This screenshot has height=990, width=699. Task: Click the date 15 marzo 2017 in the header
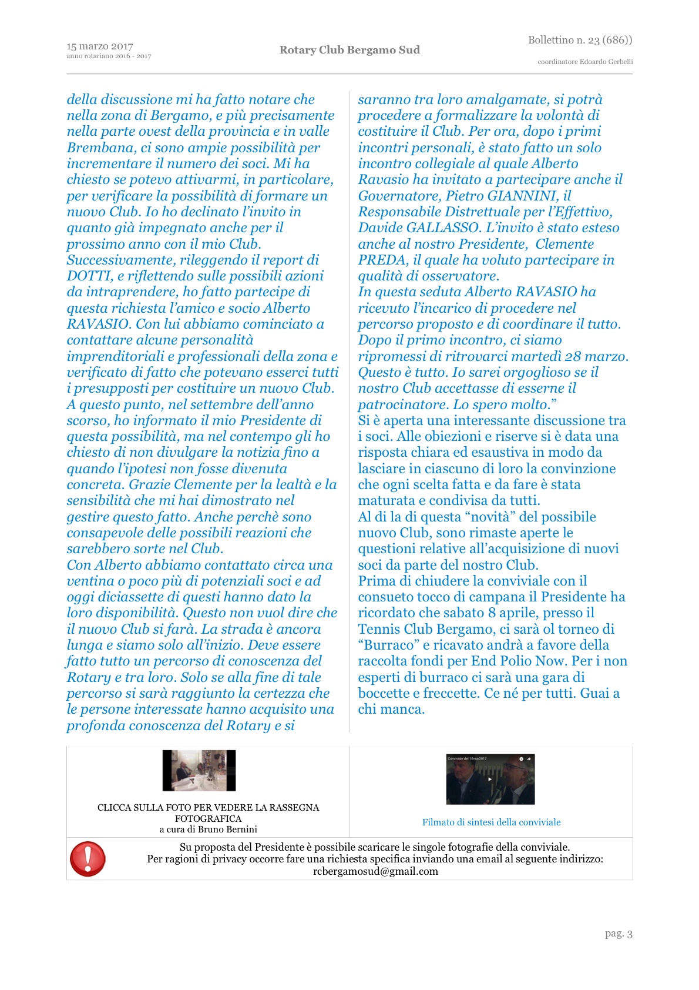pyautogui.click(x=100, y=46)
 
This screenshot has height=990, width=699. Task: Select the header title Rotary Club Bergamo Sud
pyautogui.click(x=349, y=50)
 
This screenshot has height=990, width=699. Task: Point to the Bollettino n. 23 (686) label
pyautogui.click(x=580, y=40)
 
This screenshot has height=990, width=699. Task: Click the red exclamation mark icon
pyautogui.click(x=88, y=858)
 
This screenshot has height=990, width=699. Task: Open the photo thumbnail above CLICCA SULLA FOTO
pyautogui.click(x=199, y=770)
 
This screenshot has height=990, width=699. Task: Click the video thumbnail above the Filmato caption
pyautogui.click(x=490, y=779)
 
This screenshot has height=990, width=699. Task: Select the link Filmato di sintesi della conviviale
pyautogui.click(x=491, y=822)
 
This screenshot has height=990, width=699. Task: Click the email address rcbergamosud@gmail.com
pyautogui.click(x=375, y=871)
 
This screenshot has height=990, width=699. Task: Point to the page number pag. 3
pyautogui.click(x=619, y=934)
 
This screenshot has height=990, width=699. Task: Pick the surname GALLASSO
pyautogui.click(x=440, y=228)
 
